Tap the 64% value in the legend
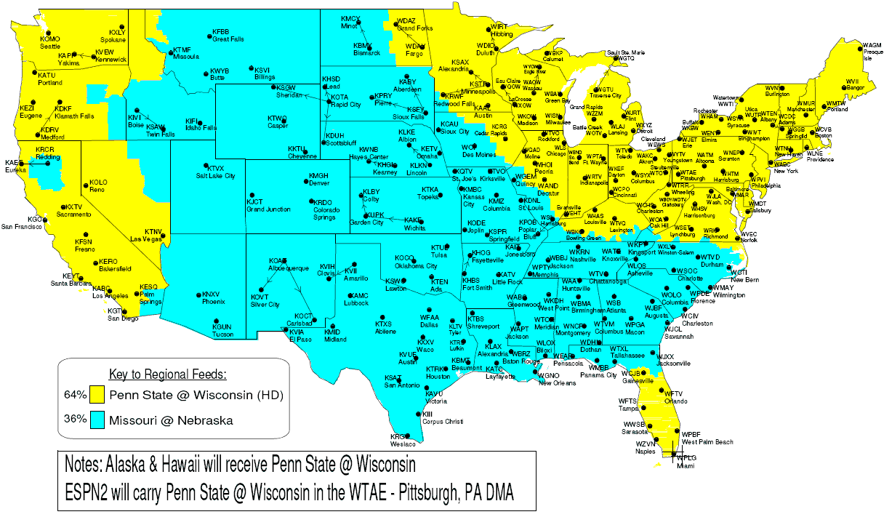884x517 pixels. [75, 396]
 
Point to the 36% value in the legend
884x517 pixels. [75, 420]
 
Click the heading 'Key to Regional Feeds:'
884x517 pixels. [167, 375]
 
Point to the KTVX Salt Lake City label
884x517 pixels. [215, 172]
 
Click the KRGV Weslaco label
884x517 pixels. [401, 440]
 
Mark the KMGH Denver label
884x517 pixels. [318, 179]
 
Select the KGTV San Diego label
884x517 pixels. [121, 314]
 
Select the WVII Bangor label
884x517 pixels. [853, 84]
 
